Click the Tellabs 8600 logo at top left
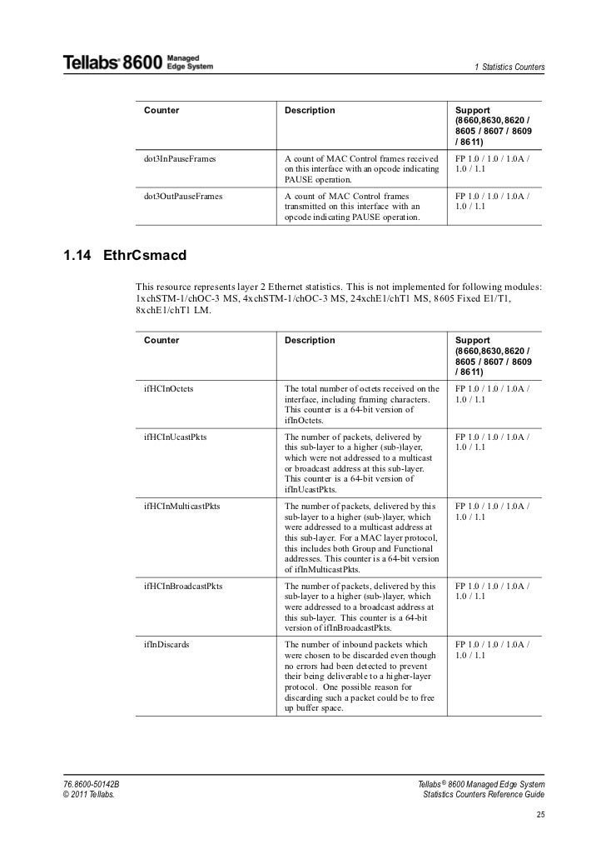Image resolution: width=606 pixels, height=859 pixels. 138,62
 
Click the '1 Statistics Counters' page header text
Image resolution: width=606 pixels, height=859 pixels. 509,67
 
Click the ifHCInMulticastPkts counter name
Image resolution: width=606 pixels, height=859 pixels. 181,506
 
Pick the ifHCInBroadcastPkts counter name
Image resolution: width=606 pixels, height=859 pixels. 183,586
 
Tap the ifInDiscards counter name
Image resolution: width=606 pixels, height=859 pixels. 166,645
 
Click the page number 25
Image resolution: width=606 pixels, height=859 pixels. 540,813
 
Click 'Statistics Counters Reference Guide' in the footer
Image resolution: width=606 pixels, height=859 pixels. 484,797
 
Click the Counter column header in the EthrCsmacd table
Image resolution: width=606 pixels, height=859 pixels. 161,340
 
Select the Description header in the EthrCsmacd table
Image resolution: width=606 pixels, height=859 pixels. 310,340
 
